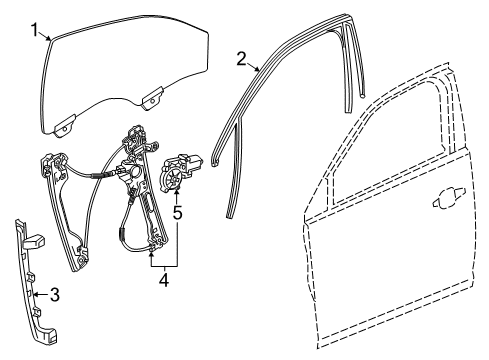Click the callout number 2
(241, 58)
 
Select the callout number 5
(177, 212)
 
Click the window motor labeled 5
(182, 169)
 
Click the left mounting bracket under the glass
(66, 125)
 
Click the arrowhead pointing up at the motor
(177, 192)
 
